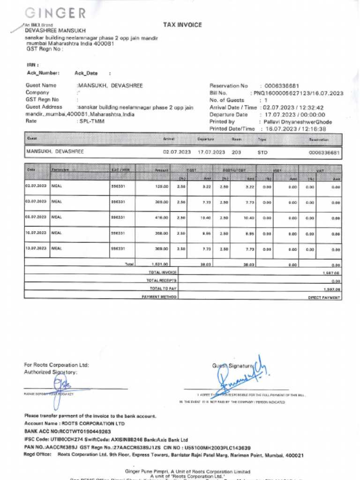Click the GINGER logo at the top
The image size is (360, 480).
point(55,13)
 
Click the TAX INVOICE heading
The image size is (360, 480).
point(182,25)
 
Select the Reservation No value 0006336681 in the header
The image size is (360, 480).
point(282,86)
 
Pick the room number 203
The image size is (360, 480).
point(236,152)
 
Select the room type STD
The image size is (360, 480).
point(262,152)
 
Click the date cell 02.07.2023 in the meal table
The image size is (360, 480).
point(37,187)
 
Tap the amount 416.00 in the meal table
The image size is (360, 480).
point(161,218)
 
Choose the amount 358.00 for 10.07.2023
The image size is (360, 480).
point(161,233)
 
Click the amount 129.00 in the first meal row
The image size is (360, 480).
point(161,187)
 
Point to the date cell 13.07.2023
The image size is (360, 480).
point(37,248)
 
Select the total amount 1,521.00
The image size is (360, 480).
point(160,264)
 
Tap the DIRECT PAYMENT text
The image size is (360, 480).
point(324,298)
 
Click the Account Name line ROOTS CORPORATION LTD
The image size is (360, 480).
point(75,424)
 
